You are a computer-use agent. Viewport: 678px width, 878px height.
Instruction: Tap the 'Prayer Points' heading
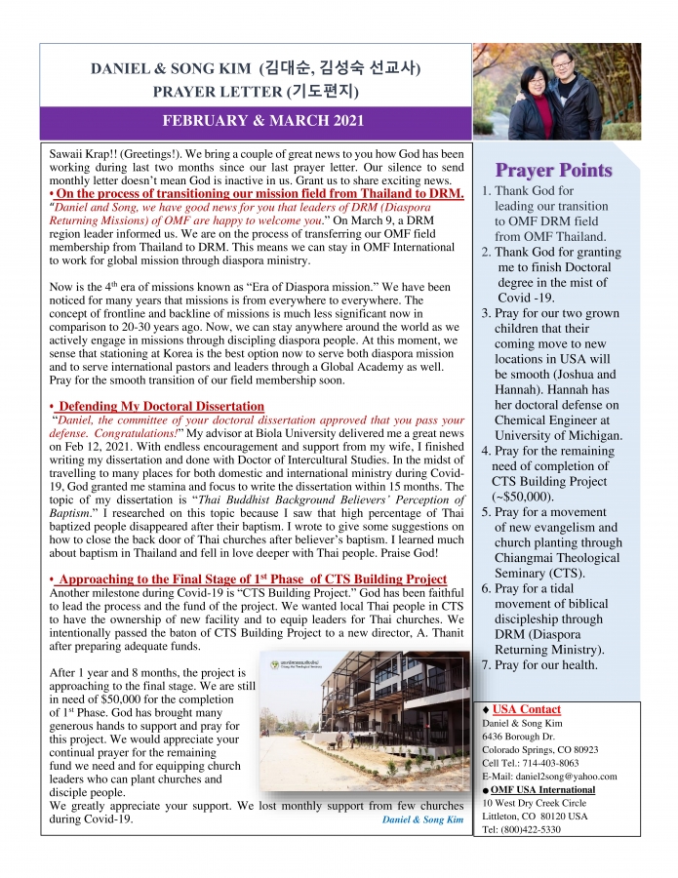coord(553,171)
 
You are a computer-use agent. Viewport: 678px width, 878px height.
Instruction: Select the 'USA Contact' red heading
coord(527,709)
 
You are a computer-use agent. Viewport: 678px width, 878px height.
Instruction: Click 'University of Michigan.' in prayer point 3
coord(558,435)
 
